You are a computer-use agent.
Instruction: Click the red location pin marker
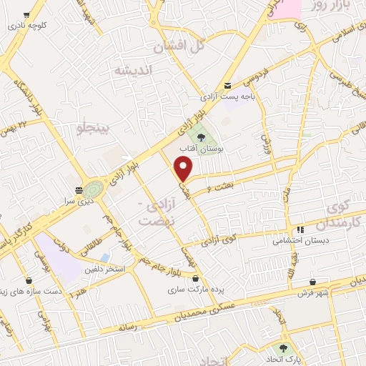tap(184, 169)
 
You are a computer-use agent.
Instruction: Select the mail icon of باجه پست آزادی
tap(228, 84)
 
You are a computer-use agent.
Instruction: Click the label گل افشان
tap(179, 46)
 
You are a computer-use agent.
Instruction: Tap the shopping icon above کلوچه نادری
tap(27, 14)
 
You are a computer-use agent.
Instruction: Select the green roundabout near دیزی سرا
tap(91, 190)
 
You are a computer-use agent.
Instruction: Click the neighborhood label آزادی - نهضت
tap(159, 212)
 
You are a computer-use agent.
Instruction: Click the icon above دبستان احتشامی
tap(301, 229)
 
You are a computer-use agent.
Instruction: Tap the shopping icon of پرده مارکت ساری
tap(196, 278)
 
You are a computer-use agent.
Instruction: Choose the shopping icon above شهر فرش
tap(313, 282)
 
